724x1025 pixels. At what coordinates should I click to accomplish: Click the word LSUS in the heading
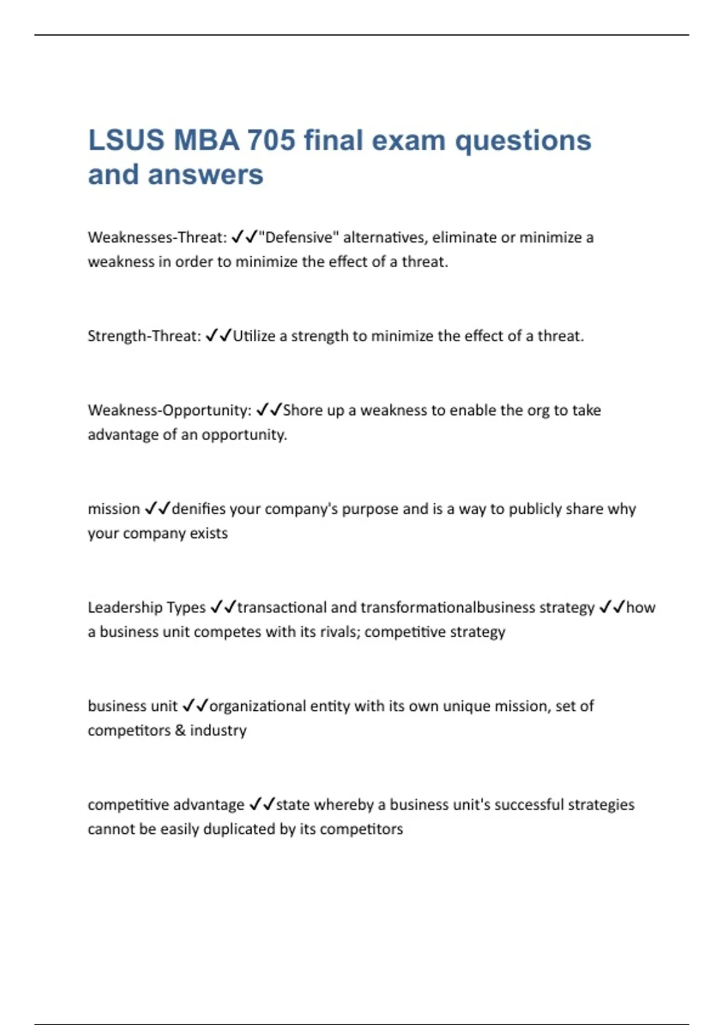click(126, 140)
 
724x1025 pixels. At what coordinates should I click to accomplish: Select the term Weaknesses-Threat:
click(157, 238)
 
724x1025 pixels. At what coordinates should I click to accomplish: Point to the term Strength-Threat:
click(144, 336)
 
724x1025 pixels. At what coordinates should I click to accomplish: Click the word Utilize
click(253, 336)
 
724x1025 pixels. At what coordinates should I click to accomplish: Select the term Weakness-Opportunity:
click(170, 411)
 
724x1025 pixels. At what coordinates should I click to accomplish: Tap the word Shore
click(303, 411)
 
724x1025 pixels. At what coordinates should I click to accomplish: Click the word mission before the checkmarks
click(113, 509)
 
